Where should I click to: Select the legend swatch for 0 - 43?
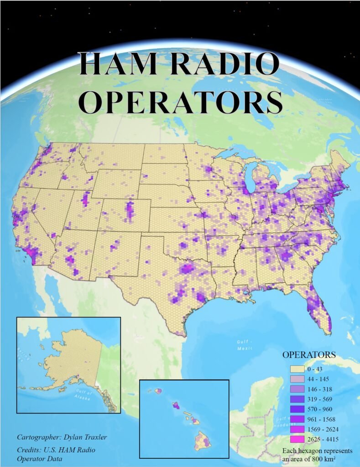click(x=297, y=368)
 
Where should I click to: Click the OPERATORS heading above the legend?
click(x=309, y=354)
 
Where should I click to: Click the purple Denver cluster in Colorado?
click(x=130, y=210)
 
